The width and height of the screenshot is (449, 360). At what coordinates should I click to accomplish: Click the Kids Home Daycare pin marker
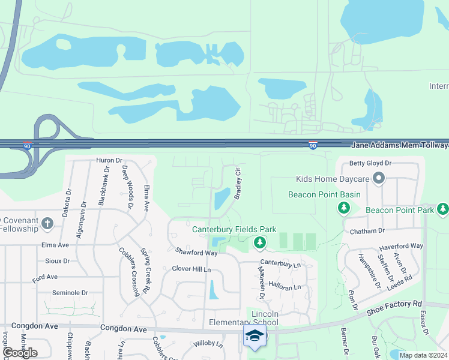point(379,178)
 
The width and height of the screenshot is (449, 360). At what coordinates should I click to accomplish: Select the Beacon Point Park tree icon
point(443,209)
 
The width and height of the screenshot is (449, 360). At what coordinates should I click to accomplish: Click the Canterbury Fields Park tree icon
point(260,243)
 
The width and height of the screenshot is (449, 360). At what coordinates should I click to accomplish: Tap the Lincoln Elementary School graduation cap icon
point(255,336)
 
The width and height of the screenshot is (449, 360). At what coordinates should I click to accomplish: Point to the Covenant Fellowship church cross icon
point(47,224)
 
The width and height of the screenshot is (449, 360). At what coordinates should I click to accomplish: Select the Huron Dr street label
point(109,161)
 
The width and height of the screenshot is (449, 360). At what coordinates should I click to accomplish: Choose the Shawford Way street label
point(196,253)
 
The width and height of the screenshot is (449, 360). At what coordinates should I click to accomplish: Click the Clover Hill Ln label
point(191,269)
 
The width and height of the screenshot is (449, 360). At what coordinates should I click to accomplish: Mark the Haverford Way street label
point(401,247)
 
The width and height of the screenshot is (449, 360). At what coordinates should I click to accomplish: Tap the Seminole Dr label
point(70,293)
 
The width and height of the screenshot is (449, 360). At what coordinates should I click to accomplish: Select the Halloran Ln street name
point(284,287)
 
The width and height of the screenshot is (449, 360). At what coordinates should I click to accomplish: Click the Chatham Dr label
point(364,231)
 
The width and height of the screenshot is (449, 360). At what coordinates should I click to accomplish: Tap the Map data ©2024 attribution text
point(423,355)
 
